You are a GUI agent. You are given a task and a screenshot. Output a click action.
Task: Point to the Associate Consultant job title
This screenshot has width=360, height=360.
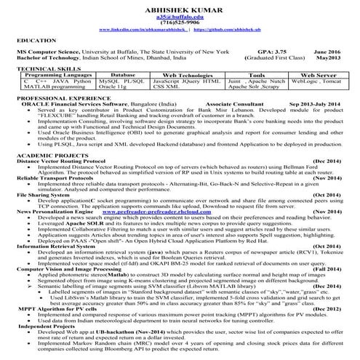pyautogui.click(x=231, y=103)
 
